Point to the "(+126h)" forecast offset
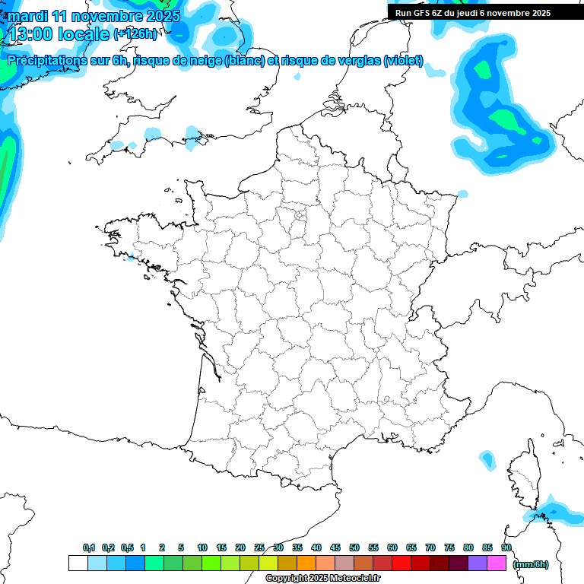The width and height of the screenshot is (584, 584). click(135, 33)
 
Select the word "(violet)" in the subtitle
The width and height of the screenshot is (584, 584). click(404, 61)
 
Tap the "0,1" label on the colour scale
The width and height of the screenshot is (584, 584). click(88, 547)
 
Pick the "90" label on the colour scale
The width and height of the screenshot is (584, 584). click(506, 547)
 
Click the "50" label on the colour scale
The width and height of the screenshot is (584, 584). click(354, 547)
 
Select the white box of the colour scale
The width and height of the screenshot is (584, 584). click(78, 563)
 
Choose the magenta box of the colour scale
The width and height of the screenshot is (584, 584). click(497, 563)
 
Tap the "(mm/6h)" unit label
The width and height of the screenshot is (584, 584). click(531, 564)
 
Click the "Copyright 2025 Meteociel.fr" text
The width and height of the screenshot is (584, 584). click(322, 579)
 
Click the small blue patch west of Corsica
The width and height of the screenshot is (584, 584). click(485, 459)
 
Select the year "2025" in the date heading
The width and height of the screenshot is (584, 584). click(160, 16)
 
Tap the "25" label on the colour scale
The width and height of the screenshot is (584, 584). click(259, 547)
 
